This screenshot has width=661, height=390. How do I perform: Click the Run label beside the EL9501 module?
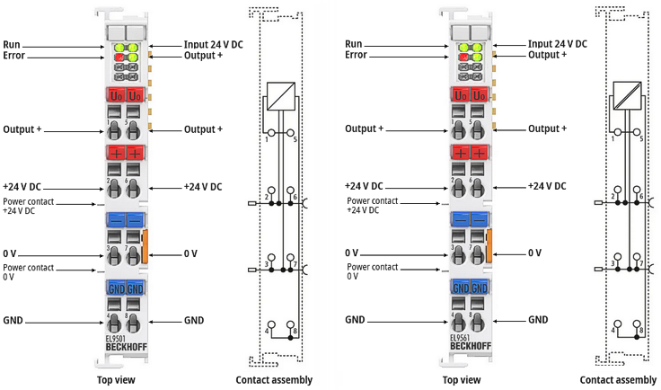pos(12,44)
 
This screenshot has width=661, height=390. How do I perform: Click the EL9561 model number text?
pos(461,338)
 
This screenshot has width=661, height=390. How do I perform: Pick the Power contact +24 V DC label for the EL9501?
pos(27,206)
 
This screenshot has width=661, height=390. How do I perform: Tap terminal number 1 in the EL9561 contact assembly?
pos(613,139)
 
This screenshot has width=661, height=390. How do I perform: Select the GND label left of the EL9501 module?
pos(13,320)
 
